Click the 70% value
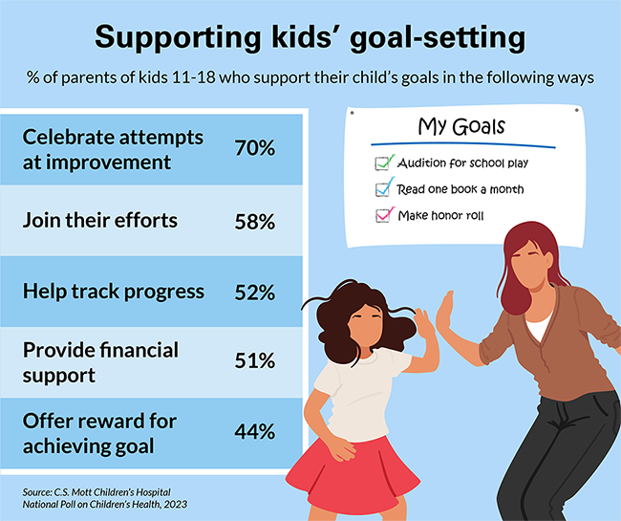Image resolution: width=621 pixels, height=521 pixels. pyautogui.click(x=255, y=149)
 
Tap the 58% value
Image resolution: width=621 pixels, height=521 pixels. pyautogui.click(x=255, y=221)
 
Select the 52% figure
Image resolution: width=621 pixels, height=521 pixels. pyautogui.click(x=255, y=292)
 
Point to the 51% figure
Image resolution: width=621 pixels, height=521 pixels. pyautogui.click(x=255, y=361)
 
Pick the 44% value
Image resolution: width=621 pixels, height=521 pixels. pyautogui.click(x=255, y=432)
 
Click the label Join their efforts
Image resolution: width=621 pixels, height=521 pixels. pyautogui.click(x=100, y=221)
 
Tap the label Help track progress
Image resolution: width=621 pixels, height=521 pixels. pyautogui.click(x=113, y=292)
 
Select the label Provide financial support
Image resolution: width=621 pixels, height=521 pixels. pyautogui.click(x=100, y=361)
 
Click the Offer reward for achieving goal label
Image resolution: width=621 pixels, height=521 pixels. pyautogui.click(x=105, y=432)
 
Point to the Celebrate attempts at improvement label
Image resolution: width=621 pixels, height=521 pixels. pyautogui.click(x=113, y=149)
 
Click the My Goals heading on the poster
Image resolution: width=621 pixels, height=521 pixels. pyautogui.click(x=461, y=126)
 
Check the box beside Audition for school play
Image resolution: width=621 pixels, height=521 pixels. pyautogui.click(x=384, y=163)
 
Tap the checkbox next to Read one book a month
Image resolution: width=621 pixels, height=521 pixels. pyautogui.click(x=384, y=188)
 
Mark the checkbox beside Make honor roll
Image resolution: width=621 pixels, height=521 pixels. pyautogui.click(x=384, y=214)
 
